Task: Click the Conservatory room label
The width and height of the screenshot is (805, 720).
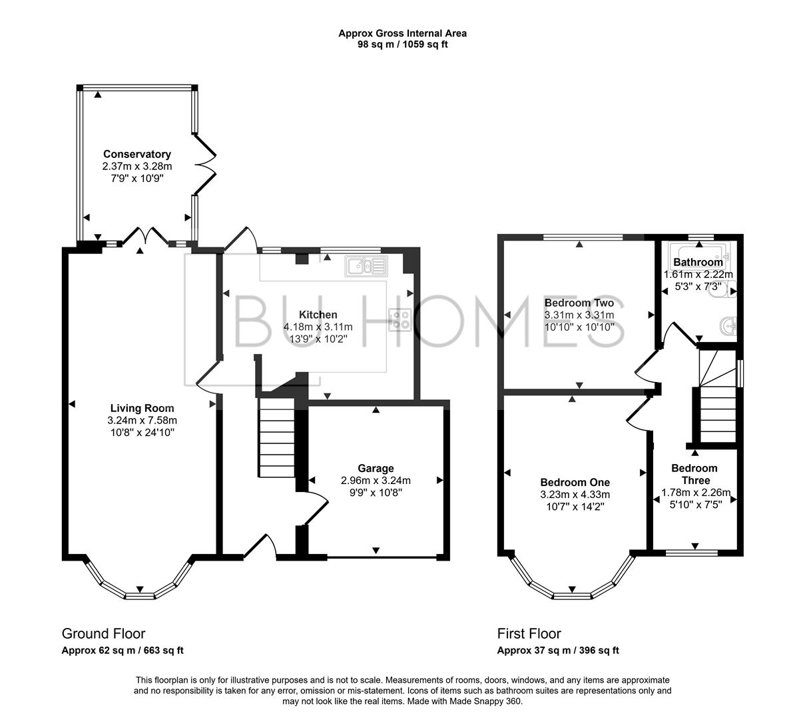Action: (x=136, y=154)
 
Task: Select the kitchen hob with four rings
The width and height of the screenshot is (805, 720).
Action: (x=400, y=320)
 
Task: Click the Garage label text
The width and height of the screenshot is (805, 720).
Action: (x=376, y=469)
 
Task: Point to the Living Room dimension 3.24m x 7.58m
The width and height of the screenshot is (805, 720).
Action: (x=142, y=421)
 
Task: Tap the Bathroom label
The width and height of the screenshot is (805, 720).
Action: (x=698, y=262)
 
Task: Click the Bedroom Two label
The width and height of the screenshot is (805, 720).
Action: (x=579, y=303)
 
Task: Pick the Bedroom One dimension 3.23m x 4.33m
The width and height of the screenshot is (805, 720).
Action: (x=575, y=495)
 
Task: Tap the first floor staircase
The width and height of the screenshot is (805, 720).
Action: (x=717, y=400)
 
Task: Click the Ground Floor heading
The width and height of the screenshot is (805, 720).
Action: (x=103, y=633)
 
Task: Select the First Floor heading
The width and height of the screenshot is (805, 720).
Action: (x=529, y=633)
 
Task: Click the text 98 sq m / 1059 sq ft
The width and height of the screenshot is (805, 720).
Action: (x=402, y=45)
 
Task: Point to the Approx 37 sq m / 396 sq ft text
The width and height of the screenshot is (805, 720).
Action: (x=558, y=651)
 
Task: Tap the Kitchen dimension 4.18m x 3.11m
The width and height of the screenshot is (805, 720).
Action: (x=318, y=327)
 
